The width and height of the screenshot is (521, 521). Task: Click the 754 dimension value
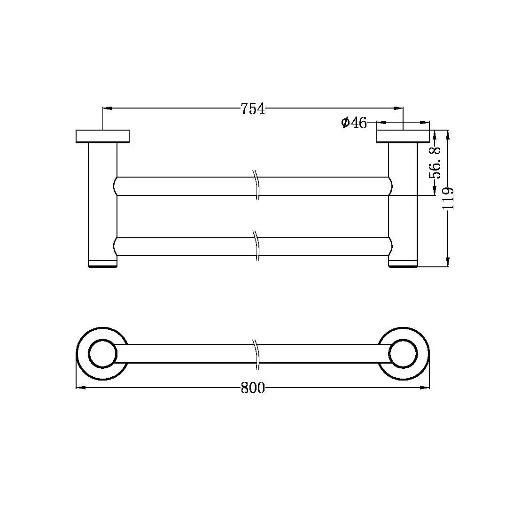(x=253, y=109)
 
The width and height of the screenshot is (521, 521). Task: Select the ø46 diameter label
(x=354, y=123)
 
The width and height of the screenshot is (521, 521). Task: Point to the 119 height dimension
(x=448, y=198)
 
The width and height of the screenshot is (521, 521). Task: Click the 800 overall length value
(x=253, y=388)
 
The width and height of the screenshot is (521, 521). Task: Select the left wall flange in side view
(x=103, y=136)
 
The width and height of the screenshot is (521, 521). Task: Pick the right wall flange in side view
(x=403, y=136)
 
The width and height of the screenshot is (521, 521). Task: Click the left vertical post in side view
(x=103, y=205)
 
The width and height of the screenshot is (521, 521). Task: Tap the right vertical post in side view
(x=403, y=205)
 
